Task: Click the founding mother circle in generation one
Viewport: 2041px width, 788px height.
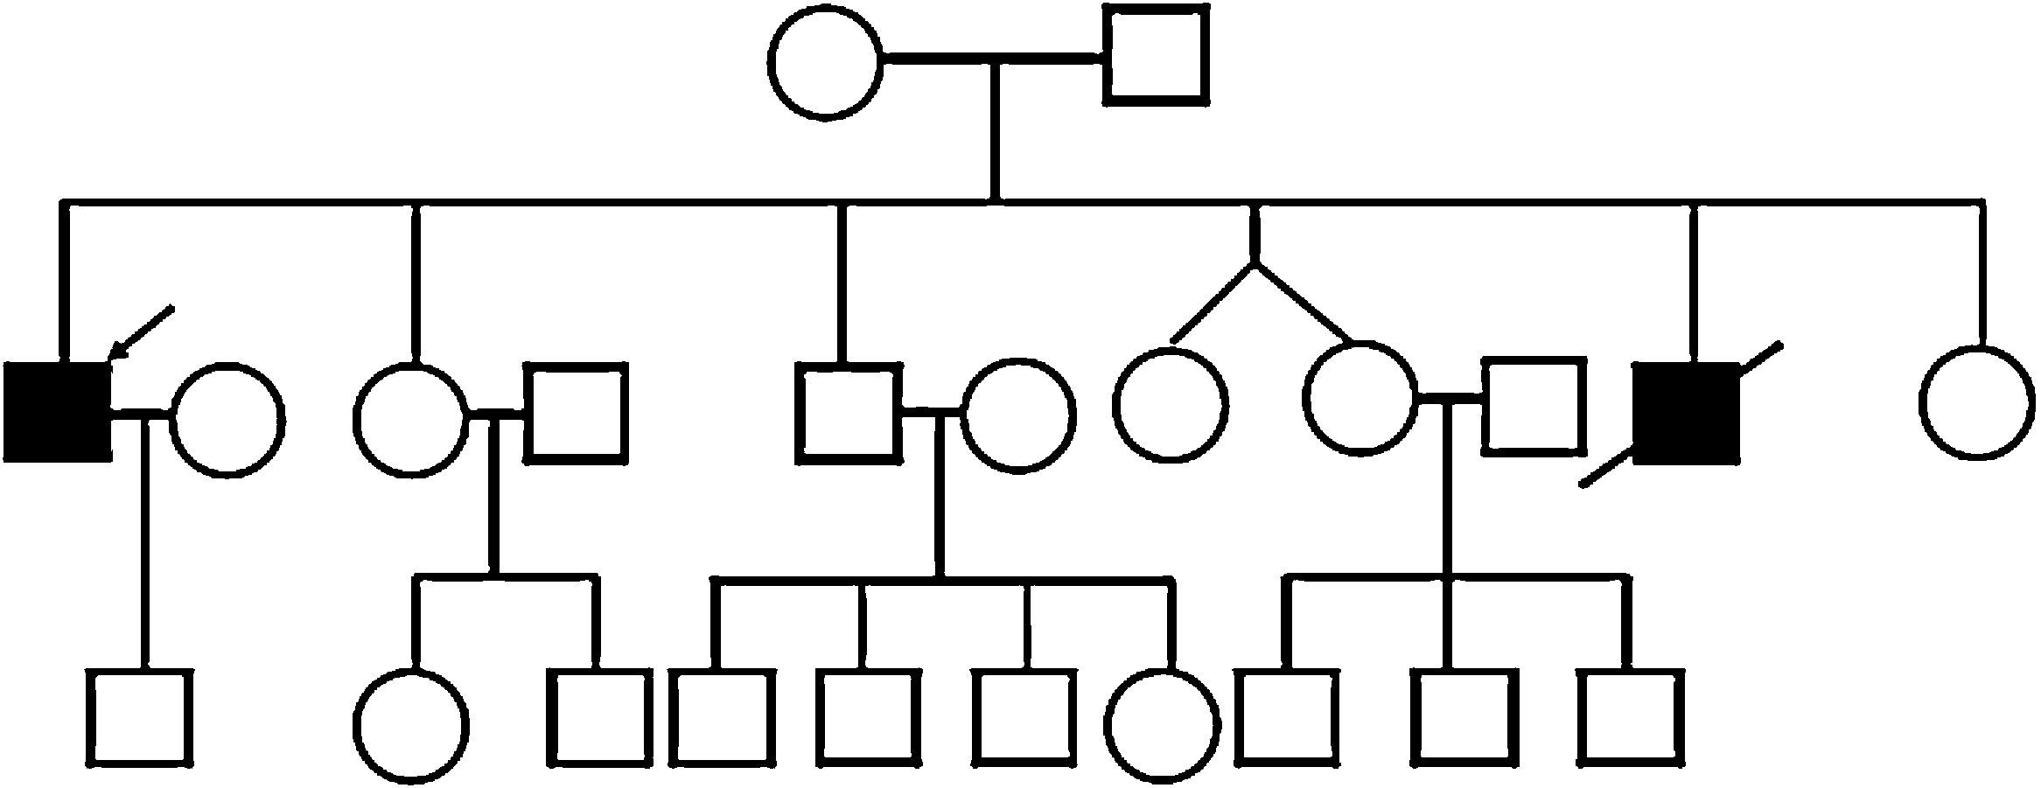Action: (x=826, y=63)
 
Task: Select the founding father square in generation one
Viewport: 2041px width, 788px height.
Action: (x=1156, y=56)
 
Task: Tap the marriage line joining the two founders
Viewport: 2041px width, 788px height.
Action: (x=993, y=59)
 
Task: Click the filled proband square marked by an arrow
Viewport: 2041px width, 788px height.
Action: (x=59, y=411)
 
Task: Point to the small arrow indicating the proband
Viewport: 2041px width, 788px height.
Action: (x=140, y=333)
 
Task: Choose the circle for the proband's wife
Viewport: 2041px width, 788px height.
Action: (x=227, y=419)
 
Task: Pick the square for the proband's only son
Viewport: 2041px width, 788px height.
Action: (x=140, y=718)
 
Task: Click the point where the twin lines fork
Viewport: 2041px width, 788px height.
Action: (x=1255, y=262)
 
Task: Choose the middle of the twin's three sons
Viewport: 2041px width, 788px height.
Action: (x=1457, y=718)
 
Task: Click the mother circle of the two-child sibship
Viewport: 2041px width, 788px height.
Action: (x=411, y=418)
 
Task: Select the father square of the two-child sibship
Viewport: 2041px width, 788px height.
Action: (x=576, y=413)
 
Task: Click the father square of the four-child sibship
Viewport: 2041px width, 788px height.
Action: (x=848, y=413)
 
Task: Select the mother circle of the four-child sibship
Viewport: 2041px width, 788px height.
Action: (x=1015, y=415)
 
